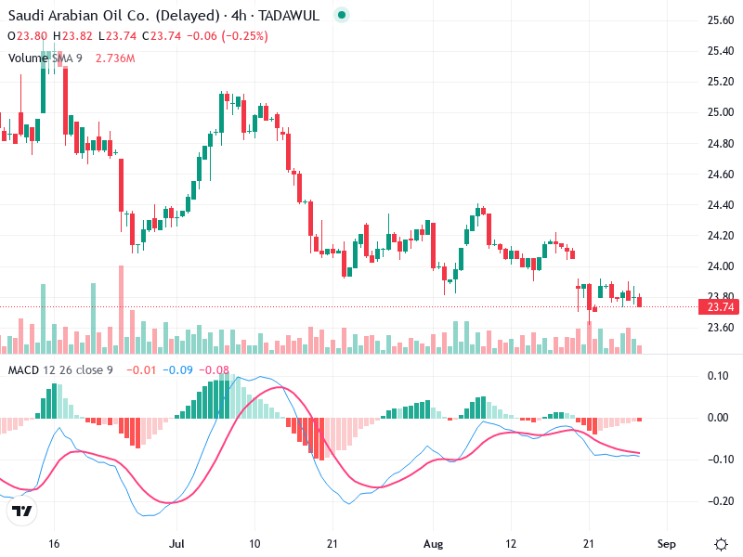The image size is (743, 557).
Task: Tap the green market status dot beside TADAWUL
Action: pyautogui.click(x=342, y=16)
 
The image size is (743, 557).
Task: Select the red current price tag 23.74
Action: pyautogui.click(x=721, y=307)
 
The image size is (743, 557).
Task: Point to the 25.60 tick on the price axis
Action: pyautogui.click(x=721, y=20)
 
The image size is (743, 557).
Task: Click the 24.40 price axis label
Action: pyautogui.click(x=721, y=205)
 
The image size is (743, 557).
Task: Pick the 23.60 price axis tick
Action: pyautogui.click(x=721, y=328)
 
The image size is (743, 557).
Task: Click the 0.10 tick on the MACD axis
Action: pyautogui.click(x=720, y=376)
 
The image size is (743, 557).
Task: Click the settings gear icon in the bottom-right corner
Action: pyautogui.click(x=721, y=542)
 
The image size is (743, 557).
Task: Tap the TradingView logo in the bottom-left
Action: pyautogui.click(x=22, y=512)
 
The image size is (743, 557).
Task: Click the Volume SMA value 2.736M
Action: pyautogui.click(x=115, y=58)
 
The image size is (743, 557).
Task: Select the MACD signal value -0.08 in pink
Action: pyautogui.click(x=215, y=371)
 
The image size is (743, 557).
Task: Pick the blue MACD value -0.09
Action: pyautogui.click(x=178, y=371)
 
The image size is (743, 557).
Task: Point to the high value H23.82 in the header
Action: pyautogui.click(x=73, y=36)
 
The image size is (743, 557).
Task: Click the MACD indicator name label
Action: pyautogui.click(x=23, y=371)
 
